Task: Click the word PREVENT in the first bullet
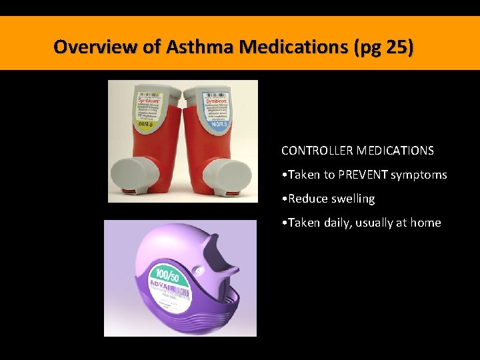(363, 175)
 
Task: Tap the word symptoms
(419, 175)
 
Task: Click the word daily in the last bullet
(341, 223)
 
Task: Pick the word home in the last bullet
(425, 223)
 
